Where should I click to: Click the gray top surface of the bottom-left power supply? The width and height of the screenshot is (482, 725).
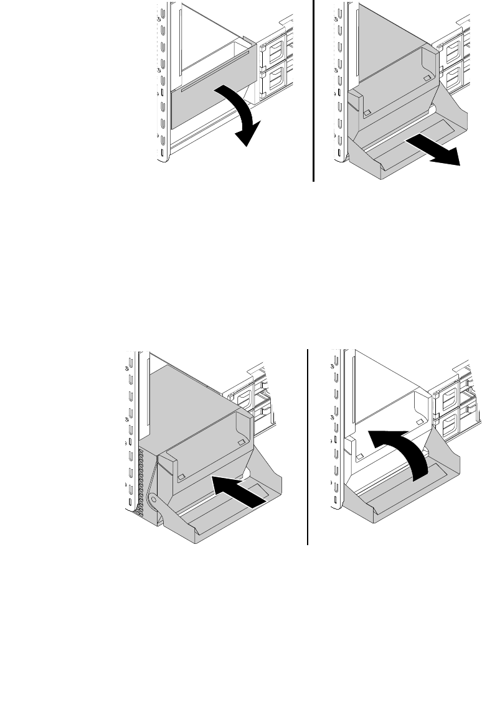(187, 398)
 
